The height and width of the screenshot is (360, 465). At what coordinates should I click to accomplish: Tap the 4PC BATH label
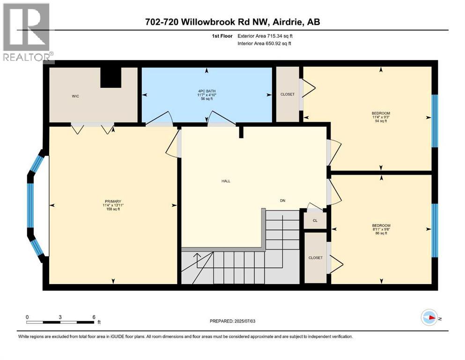pyautogui.click(x=207, y=91)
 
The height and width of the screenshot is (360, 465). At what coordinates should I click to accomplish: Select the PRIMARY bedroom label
pyautogui.click(x=112, y=202)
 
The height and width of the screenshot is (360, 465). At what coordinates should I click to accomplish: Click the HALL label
pyautogui.click(x=226, y=181)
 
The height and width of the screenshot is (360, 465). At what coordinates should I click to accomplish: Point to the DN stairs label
pyautogui.click(x=282, y=201)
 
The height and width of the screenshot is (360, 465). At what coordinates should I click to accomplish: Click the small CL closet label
pyautogui.click(x=315, y=220)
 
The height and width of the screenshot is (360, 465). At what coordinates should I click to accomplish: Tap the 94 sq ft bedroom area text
pyautogui.click(x=381, y=121)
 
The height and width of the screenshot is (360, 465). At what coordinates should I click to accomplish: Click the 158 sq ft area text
pyautogui.click(x=112, y=209)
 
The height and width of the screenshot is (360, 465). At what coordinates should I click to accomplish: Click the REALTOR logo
pyautogui.click(x=27, y=33)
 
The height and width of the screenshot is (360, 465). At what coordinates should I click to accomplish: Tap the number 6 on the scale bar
pyautogui.click(x=94, y=317)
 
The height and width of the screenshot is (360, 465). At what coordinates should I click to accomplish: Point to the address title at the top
pyautogui.click(x=232, y=22)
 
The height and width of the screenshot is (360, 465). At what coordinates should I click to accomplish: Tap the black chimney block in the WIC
pyautogui.click(x=111, y=77)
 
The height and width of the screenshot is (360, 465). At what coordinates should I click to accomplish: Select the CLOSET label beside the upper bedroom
pyautogui.click(x=288, y=94)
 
